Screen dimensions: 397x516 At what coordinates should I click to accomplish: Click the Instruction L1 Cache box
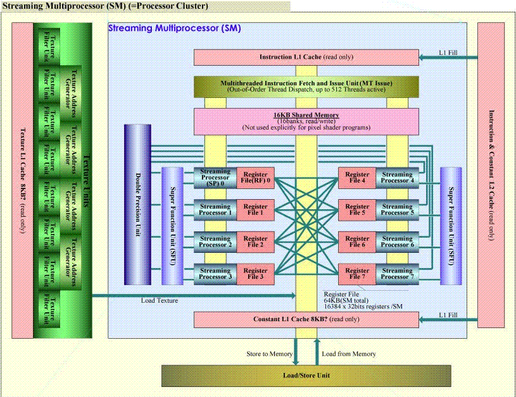click(x=306, y=58)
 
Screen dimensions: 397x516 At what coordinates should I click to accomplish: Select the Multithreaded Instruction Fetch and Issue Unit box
click(x=306, y=87)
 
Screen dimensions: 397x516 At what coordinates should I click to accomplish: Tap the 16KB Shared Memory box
click(x=306, y=119)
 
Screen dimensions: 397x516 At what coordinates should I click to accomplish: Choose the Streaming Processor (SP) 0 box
click(x=215, y=178)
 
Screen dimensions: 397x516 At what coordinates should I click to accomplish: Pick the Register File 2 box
click(x=255, y=241)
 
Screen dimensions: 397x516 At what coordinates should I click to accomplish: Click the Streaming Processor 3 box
click(x=215, y=274)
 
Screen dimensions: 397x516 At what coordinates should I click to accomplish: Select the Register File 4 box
click(x=357, y=178)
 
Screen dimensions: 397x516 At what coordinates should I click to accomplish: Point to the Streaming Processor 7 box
click(x=397, y=274)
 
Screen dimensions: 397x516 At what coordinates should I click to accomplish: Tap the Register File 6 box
click(x=357, y=241)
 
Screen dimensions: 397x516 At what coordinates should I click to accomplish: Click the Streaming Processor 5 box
click(x=397, y=209)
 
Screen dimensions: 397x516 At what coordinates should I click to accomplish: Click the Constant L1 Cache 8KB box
click(x=306, y=319)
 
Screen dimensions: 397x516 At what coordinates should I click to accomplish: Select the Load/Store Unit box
click(x=306, y=376)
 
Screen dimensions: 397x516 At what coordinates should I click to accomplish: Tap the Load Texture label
click(x=160, y=300)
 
